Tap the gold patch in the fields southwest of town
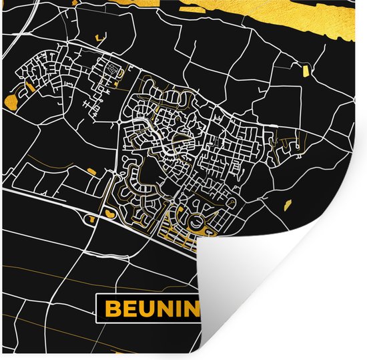click(x=90, y=172)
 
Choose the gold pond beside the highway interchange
click(x=105, y=212)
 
